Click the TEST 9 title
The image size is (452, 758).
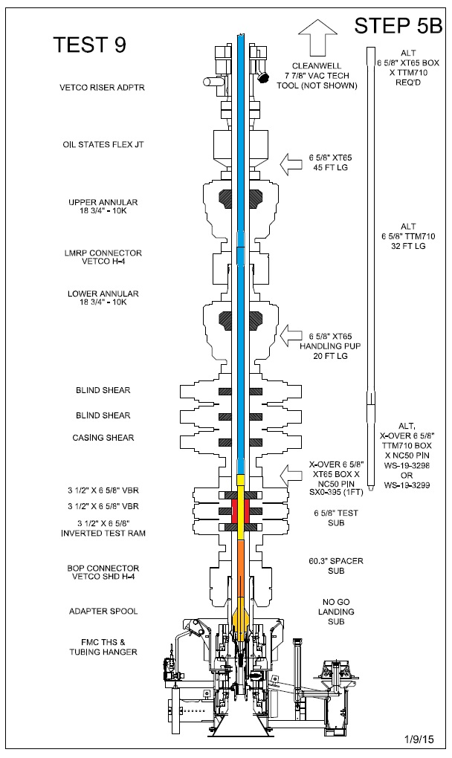(90, 45)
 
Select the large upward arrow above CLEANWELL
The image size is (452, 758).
(314, 37)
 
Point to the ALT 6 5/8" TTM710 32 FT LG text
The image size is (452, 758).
(407, 236)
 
